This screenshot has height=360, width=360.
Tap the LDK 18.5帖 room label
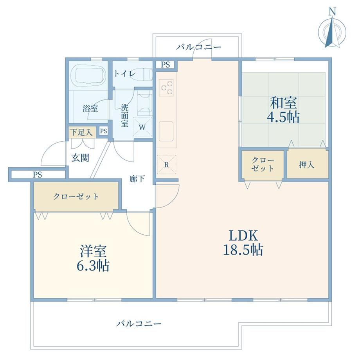[x=243, y=243]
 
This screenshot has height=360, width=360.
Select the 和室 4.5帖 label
[x=283, y=110]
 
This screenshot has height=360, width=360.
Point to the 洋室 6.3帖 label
[x=93, y=258]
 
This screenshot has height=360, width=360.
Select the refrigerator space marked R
[x=167, y=164]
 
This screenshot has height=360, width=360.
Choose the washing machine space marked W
[x=142, y=127]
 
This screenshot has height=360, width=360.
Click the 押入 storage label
[x=306, y=165]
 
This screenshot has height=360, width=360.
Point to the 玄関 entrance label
[x=80, y=158]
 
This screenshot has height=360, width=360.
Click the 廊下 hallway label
[x=137, y=178]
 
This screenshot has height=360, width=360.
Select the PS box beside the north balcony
[x=165, y=65]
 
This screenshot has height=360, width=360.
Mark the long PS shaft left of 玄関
[x=38, y=175]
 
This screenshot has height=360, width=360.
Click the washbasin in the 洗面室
[x=144, y=104]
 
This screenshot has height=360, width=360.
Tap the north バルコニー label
[x=199, y=47]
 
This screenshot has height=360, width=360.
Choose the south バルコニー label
[x=139, y=324]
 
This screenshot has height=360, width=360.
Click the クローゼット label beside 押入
[x=263, y=164]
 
